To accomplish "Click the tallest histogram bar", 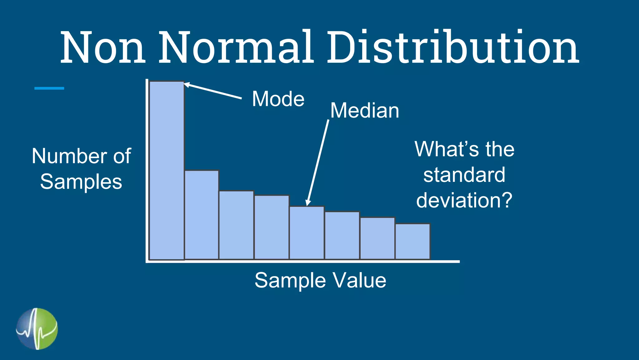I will click(167, 170).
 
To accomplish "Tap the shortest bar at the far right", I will click(412, 241).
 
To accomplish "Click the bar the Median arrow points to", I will click(307, 233).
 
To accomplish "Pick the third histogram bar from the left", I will click(237, 225).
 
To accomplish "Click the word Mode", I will click(278, 99).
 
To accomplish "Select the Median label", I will click(364, 111).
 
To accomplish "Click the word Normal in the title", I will click(236, 47).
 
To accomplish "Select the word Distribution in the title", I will click(452, 47).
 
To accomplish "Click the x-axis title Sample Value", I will click(320, 280).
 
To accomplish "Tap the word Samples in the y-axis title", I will click(81, 182).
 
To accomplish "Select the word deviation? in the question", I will click(464, 200).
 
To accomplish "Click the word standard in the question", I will click(464, 175).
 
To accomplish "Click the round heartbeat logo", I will click(37, 329).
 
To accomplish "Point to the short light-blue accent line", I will click(49, 88).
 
